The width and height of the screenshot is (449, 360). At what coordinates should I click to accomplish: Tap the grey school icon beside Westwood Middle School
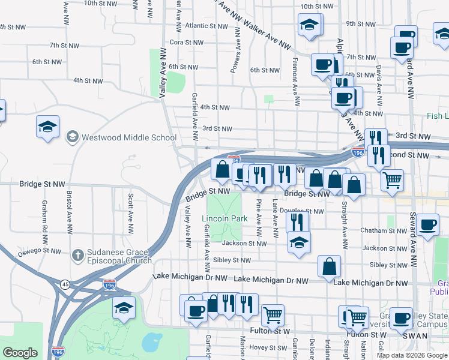click(x=73, y=137)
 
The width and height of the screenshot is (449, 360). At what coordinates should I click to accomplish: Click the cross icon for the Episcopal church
click(x=77, y=256)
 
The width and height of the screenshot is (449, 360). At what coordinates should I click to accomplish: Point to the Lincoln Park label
click(x=224, y=219)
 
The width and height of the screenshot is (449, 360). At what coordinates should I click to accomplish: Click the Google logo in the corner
click(x=20, y=353)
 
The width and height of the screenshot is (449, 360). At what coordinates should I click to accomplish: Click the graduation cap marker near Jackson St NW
click(x=299, y=243)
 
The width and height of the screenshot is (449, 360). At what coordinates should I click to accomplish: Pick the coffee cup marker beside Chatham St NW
click(x=428, y=225)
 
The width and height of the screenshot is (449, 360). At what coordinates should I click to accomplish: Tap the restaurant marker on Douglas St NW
click(x=297, y=222)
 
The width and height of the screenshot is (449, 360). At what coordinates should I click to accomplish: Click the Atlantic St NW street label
click(x=205, y=26)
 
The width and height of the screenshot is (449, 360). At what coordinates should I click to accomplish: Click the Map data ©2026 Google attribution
click(x=412, y=355)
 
